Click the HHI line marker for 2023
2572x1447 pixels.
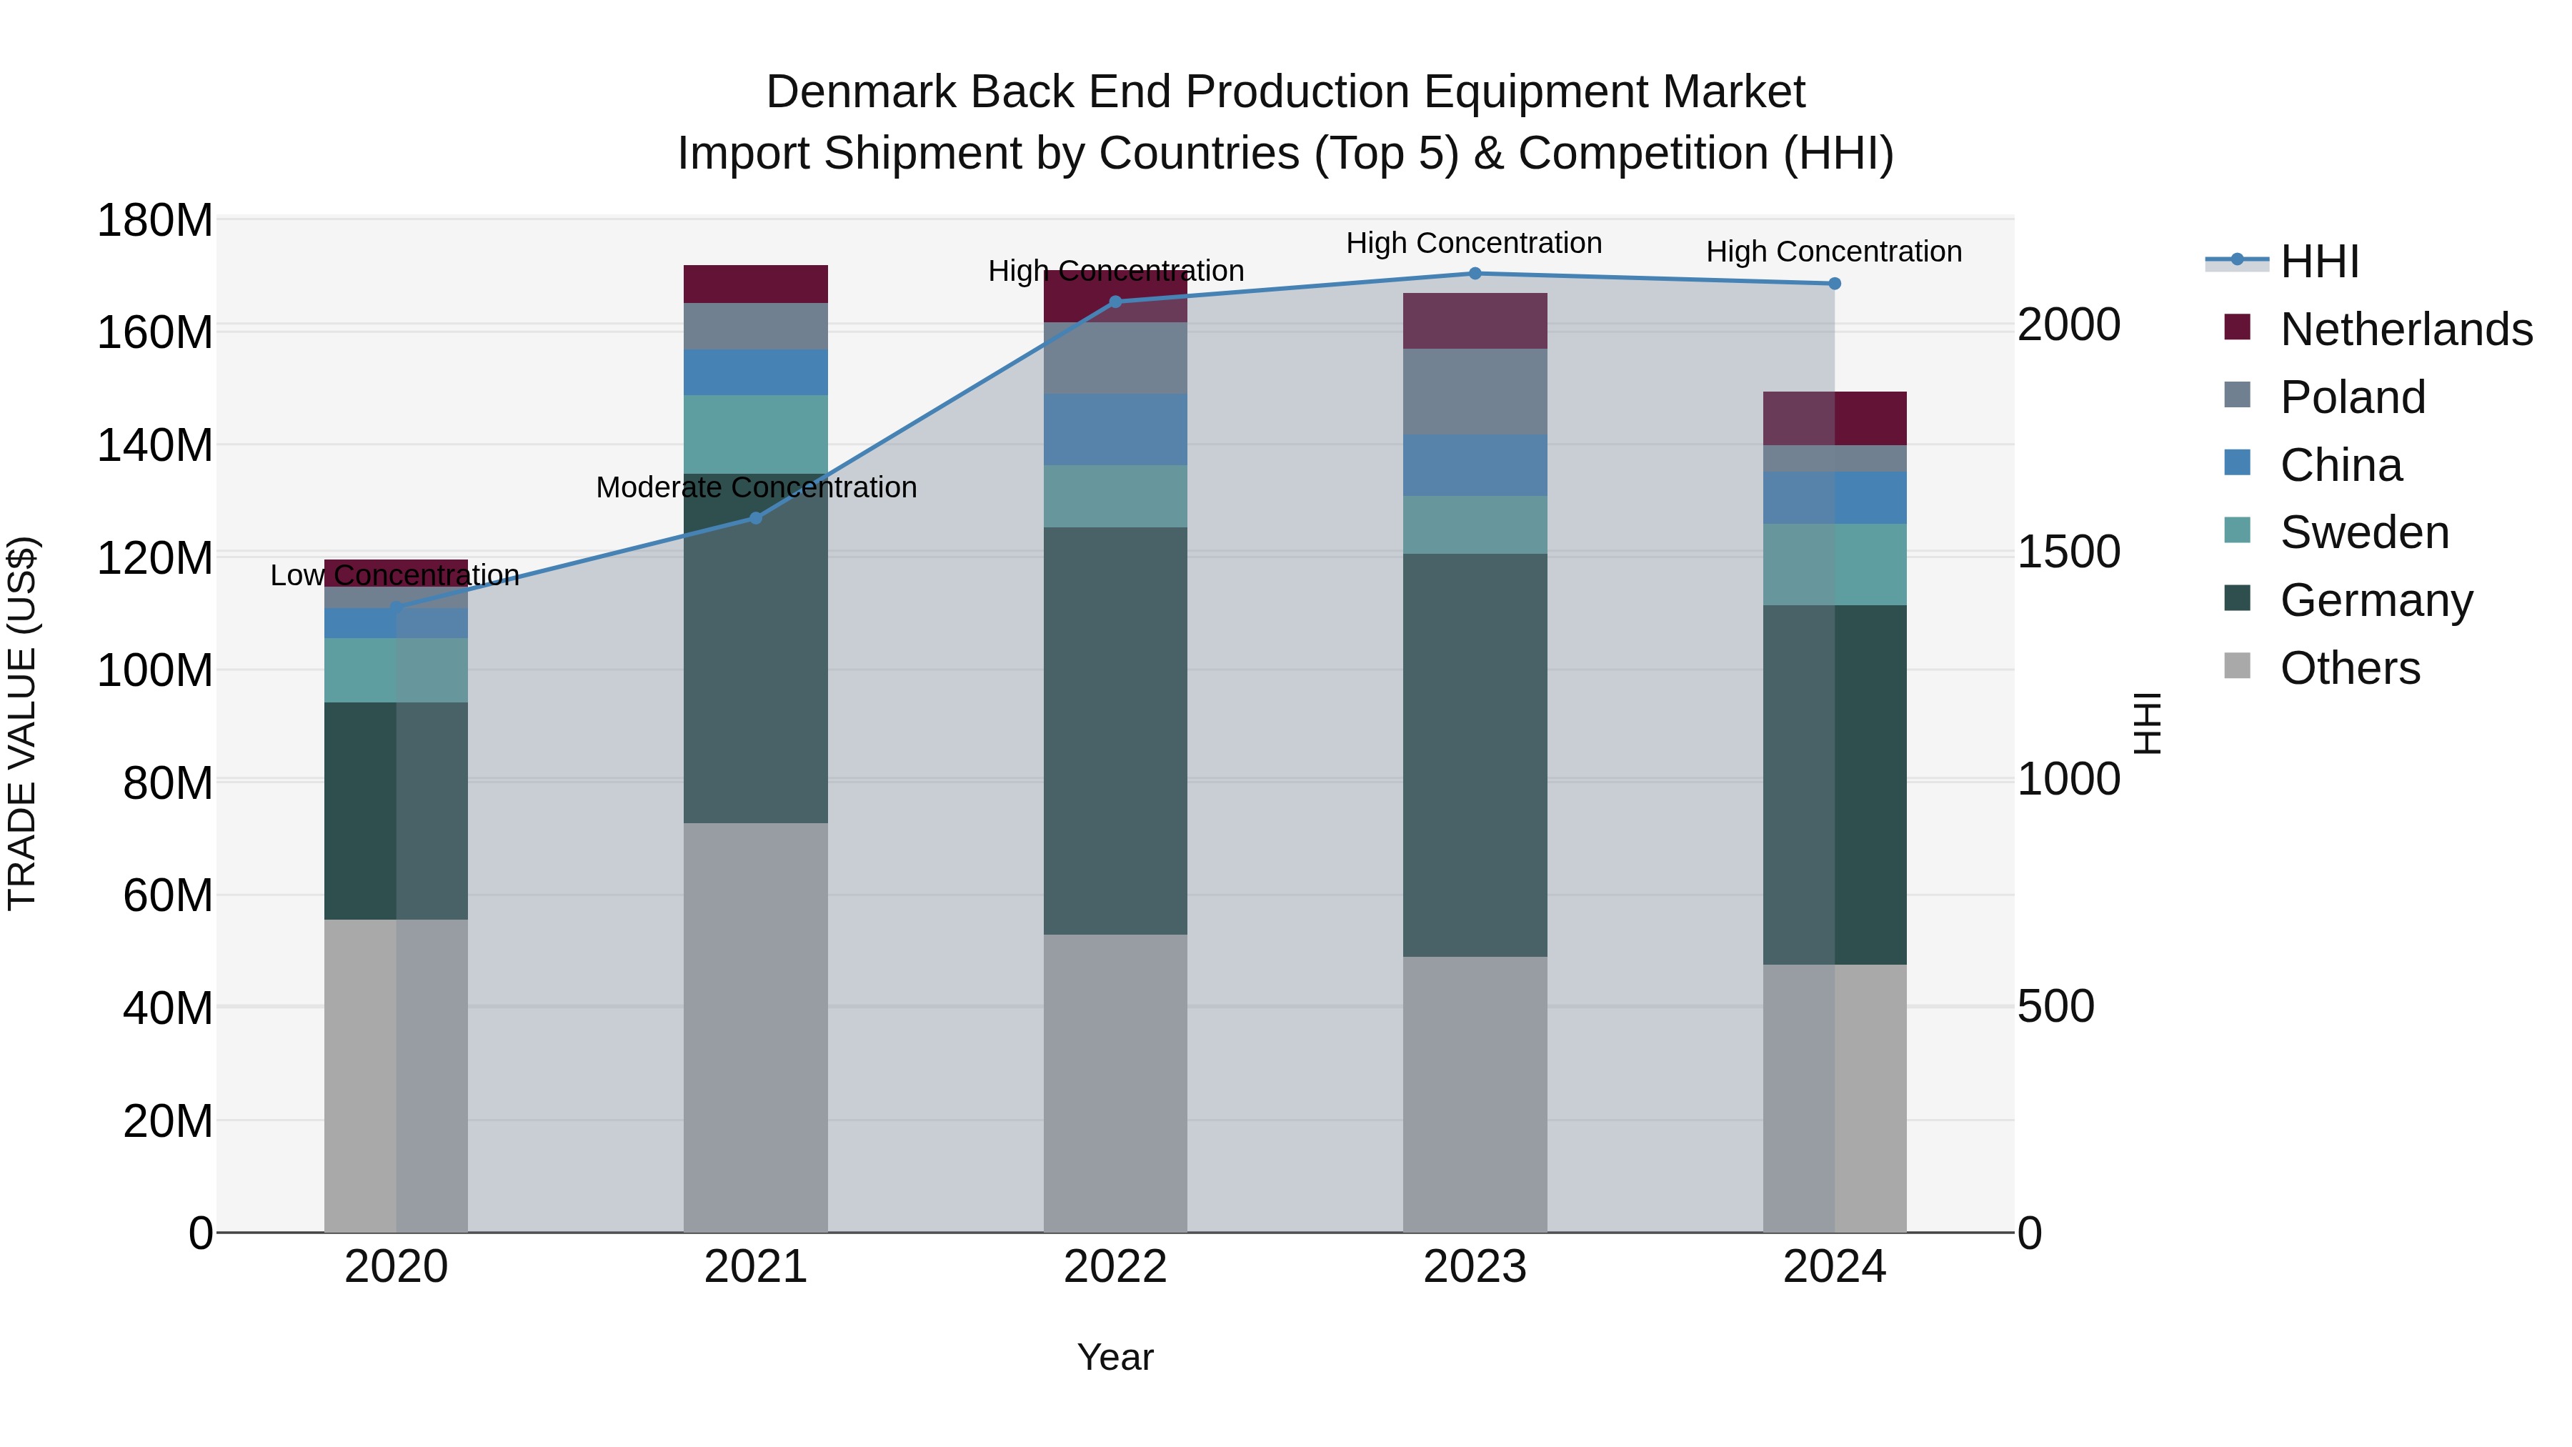[1475, 274]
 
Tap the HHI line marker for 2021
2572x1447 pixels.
[756, 518]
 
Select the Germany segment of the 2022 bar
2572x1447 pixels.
[1115, 731]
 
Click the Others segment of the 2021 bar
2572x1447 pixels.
[756, 1028]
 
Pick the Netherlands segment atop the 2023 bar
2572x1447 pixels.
[1475, 321]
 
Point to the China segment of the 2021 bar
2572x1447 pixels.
[756, 372]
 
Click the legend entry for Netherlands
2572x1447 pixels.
[2406, 329]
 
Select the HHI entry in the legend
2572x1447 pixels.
[2318, 262]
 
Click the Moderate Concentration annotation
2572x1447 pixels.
[756, 487]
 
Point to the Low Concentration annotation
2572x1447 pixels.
[394, 575]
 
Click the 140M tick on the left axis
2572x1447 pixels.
[155, 445]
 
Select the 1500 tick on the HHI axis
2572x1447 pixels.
[2069, 552]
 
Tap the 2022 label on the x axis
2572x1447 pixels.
[1115, 1267]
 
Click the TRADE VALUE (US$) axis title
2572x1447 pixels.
[22, 723]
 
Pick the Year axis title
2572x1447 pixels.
[1115, 1357]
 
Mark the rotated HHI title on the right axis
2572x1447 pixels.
[2147, 723]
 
